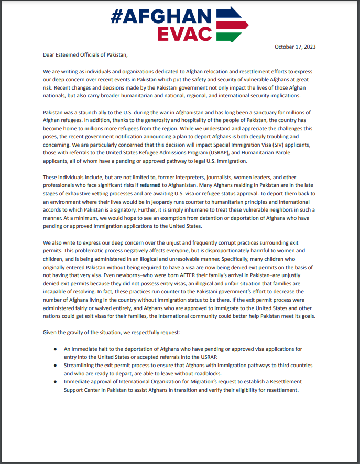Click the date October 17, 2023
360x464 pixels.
click(x=295, y=47)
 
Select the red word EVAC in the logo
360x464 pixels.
click(x=186, y=33)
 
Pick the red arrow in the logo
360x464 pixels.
click(x=232, y=26)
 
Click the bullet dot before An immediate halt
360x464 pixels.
click(x=56, y=349)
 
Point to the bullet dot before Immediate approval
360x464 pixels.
click(x=56, y=382)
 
